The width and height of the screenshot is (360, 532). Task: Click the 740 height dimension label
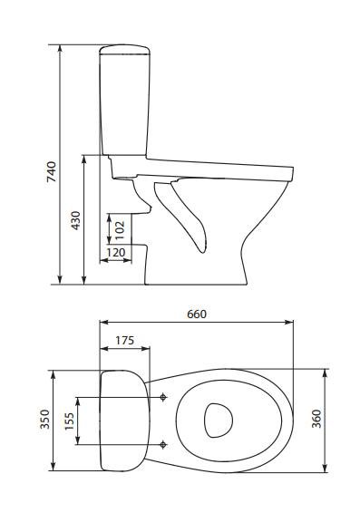point(52,171)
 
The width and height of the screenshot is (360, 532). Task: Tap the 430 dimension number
point(76,220)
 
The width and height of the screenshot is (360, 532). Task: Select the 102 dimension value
point(120,231)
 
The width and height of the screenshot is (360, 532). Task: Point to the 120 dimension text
point(116,253)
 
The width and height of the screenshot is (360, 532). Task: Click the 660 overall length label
point(197,314)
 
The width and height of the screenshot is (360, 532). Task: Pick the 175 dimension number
point(124,340)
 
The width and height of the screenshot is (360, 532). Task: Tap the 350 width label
point(44,420)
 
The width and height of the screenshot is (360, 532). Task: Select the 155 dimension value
point(69,421)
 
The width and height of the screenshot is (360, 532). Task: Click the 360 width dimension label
point(316,419)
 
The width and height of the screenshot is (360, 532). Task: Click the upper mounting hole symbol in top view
point(163,397)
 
